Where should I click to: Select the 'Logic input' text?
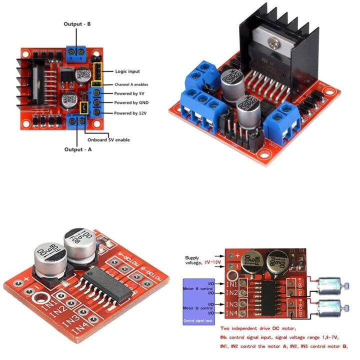pyautogui.click(x=127, y=71)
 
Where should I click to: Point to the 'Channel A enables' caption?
pyautogui.click(x=131, y=84)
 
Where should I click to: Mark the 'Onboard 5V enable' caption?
pyautogui.click(x=108, y=140)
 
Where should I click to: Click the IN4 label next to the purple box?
pyautogui.click(x=231, y=313)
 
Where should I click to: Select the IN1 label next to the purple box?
pyautogui.click(x=231, y=284)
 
